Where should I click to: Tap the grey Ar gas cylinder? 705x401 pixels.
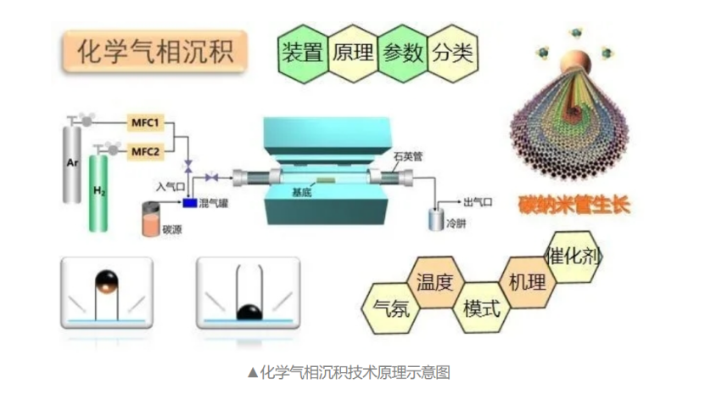(x=74, y=166)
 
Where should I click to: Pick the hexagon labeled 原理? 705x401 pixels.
(x=352, y=54)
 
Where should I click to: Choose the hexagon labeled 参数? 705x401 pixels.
(x=402, y=54)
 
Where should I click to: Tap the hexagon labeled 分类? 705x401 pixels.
(x=452, y=54)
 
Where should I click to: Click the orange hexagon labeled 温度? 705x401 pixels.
(x=434, y=280)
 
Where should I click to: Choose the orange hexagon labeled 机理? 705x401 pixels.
(x=527, y=280)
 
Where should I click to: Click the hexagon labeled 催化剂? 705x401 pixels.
(x=573, y=255)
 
